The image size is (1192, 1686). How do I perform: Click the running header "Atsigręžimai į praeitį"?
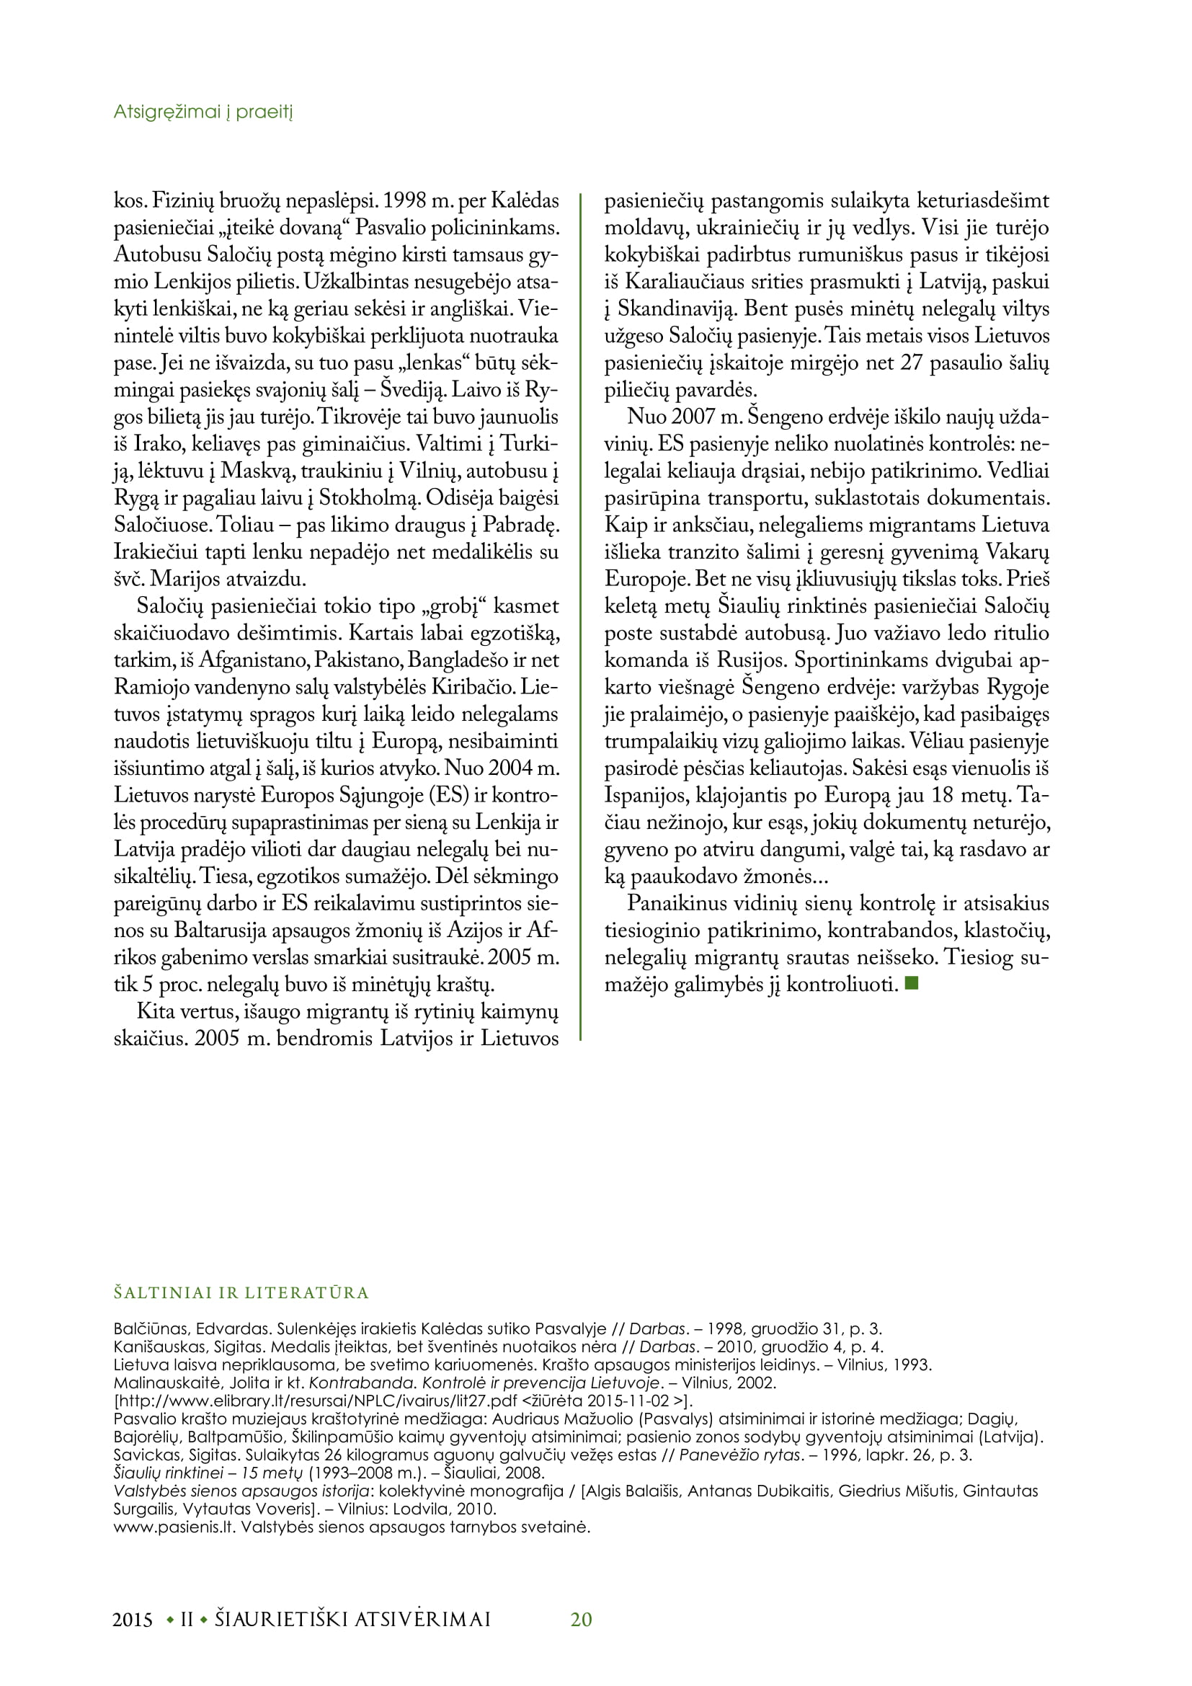point(203,112)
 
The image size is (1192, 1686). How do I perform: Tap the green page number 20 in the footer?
point(582,1619)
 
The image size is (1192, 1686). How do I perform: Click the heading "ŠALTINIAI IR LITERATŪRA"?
point(241,1292)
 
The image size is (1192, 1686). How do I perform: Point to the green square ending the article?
point(912,982)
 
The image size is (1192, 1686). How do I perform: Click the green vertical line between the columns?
point(581,617)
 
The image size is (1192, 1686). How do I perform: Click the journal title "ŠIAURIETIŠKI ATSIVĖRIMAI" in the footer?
point(353,1619)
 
